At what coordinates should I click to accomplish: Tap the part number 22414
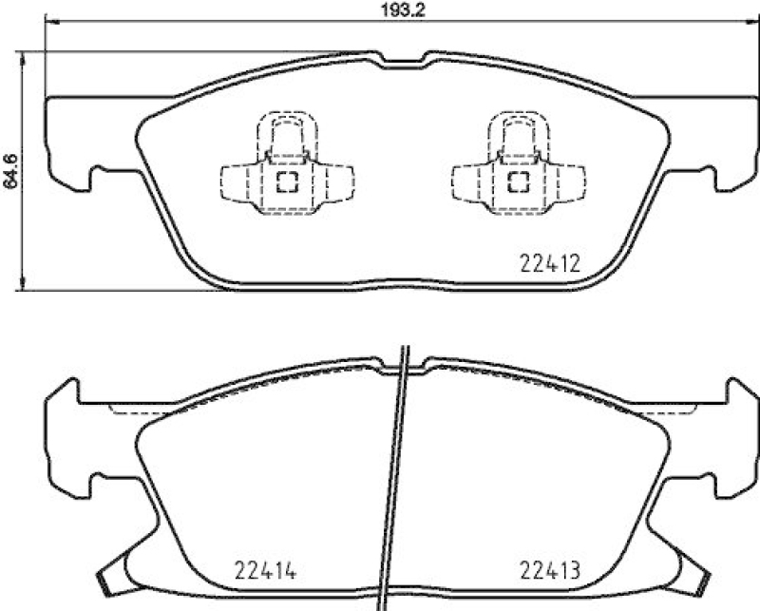(x=266, y=572)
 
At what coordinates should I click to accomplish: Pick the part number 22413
(x=550, y=572)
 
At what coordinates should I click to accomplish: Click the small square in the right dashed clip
(x=519, y=181)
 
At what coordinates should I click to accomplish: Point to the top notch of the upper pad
(x=403, y=61)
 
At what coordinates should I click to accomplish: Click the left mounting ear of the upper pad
(x=71, y=143)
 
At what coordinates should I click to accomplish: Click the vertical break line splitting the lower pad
(x=394, y=475)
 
